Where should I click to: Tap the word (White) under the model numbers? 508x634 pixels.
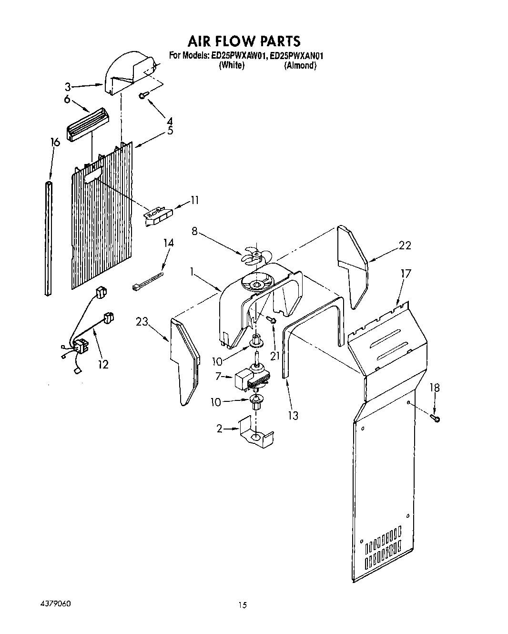pos(232,66)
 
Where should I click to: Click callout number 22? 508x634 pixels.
pos(405,245)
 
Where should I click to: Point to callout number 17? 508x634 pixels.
pos(406,274)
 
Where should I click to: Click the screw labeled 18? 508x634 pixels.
pos(436,418)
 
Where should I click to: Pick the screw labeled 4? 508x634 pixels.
pos(142,96)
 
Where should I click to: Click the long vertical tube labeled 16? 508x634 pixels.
pos(48,238)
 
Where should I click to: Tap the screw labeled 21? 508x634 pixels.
pos(273,320)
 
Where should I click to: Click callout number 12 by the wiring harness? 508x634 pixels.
pos(103,365)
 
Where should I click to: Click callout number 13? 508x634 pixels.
pos(293,415)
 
